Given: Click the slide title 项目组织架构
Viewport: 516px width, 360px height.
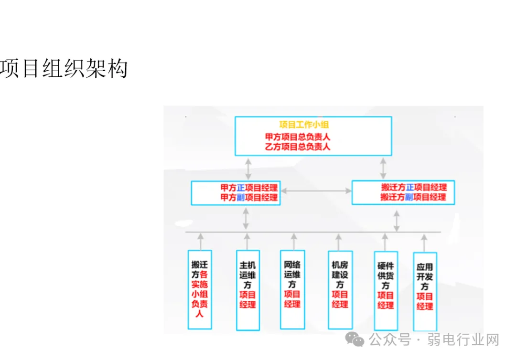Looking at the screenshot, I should point(64,69).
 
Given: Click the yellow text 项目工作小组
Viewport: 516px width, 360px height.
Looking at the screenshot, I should point(304,125).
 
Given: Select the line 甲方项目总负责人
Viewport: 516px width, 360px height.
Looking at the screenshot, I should point(298,137).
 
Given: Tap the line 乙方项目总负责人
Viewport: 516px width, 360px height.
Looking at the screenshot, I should point(298,147).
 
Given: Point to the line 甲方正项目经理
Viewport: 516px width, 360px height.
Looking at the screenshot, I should point(249,188).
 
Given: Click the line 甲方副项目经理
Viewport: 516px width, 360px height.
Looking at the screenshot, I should point(249,197).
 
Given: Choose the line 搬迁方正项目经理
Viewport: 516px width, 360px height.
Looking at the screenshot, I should point(414,187).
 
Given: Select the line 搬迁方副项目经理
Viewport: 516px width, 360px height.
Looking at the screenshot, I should point(414,197).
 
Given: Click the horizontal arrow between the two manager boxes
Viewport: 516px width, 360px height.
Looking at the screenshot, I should point(316,191).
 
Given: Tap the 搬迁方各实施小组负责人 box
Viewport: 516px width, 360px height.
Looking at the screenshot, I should point(200,289).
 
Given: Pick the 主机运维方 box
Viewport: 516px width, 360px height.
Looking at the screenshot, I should point(248,290).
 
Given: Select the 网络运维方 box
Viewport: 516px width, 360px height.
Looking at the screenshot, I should point(292,289).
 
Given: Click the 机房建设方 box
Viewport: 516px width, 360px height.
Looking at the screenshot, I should point(340,289).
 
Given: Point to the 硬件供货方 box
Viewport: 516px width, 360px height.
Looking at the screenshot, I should point(386,290).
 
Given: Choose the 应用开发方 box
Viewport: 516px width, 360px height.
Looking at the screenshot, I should point(425,291).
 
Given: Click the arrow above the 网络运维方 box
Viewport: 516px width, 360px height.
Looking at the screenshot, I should point(294,241).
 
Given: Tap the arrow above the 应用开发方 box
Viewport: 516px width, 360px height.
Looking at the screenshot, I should point(424,243).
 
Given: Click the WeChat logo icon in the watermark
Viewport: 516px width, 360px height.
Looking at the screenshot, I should point(355,339).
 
